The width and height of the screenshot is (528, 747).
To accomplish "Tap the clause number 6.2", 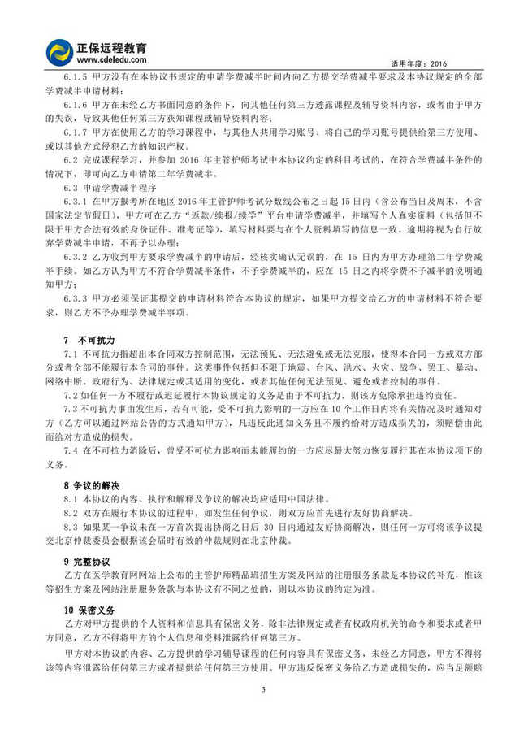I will point(70,164).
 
